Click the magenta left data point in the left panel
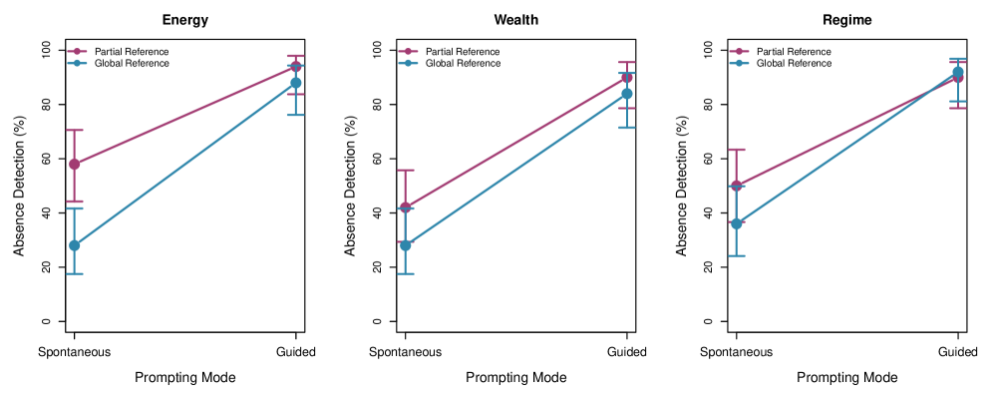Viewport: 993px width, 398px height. (75, 164)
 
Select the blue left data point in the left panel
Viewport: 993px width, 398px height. (75, 245)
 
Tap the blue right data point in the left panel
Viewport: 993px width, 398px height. (296, 83)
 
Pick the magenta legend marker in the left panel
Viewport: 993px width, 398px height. (77, 51)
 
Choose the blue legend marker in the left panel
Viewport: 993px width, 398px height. (77, 63)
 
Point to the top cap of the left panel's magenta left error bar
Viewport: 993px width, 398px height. (75, 130)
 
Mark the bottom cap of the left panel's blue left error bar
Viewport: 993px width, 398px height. (75, 273)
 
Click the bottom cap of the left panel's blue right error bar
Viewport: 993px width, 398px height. (296, 115)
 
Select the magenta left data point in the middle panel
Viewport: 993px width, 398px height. (406, 206)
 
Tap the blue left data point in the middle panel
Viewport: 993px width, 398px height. (406, 245)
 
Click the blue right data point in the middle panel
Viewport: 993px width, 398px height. (627, 94)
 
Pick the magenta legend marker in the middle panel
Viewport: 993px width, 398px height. (408, 51)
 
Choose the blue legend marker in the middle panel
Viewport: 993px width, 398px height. (408, 63)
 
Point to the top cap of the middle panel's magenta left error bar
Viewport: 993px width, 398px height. (406, 170)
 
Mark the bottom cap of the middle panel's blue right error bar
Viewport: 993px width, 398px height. (627, 127)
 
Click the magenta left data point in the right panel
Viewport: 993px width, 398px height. (737, 186)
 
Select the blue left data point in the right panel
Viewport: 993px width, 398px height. (737, 223)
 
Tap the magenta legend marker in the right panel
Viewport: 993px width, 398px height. (739, 51)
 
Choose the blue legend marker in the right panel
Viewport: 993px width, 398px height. (739, 63)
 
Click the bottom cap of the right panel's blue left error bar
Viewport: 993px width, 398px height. (737, 255)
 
